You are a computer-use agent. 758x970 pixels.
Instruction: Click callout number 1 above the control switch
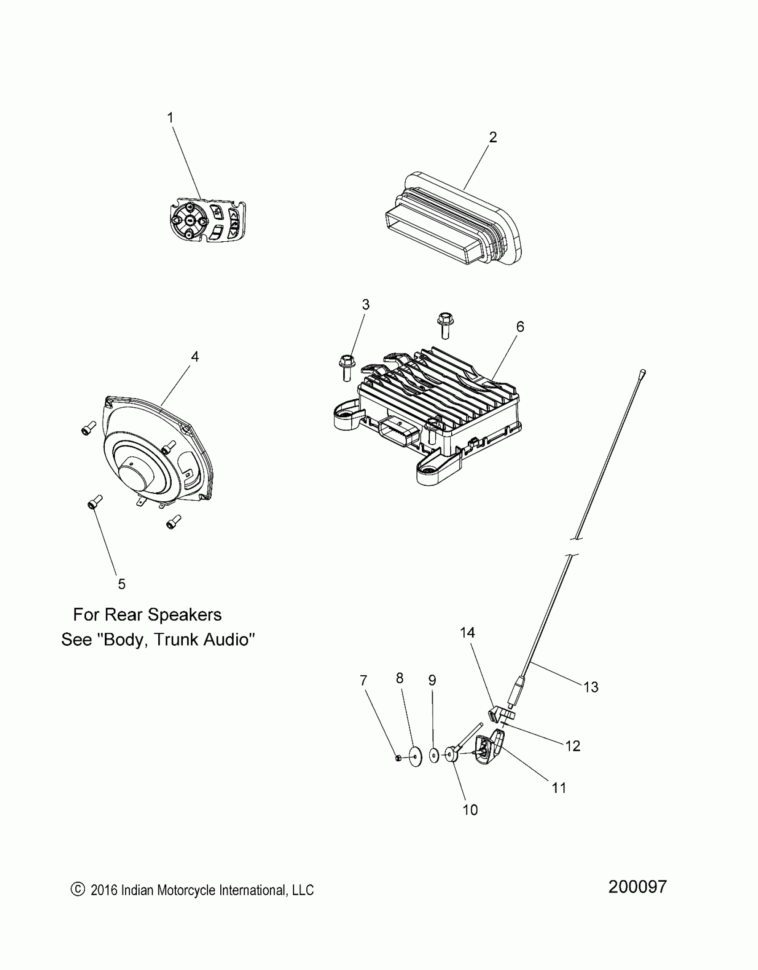(x=170, y=118)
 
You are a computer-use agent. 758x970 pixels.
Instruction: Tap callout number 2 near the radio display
(x=492, y=137)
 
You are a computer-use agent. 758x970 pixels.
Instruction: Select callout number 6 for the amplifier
(x=520, y=326)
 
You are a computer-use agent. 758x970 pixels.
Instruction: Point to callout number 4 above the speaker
(x=195, y=356)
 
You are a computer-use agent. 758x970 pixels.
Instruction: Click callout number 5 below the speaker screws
(x=121, y=584)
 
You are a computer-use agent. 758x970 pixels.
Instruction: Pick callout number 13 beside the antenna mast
(x=591, y=687)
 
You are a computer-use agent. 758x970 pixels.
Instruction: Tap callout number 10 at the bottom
(x=470, y=809)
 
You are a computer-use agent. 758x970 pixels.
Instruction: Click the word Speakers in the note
(x=185, y=615)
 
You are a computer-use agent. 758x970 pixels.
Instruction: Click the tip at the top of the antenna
(x=642, y=371)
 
